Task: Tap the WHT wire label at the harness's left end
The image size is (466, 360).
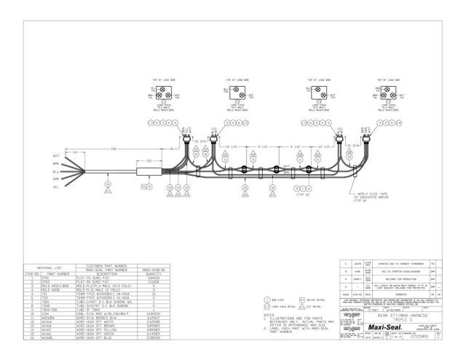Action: [x=56, y=155]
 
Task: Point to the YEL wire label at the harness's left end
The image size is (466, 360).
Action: [x=56, y=187]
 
